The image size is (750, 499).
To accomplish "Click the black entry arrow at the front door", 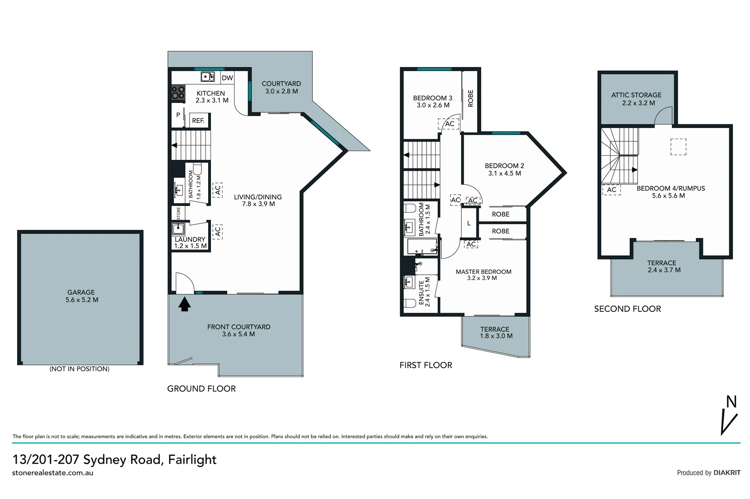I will (x=185, y=304).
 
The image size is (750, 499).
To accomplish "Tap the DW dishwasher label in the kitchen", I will (x=227, y=78).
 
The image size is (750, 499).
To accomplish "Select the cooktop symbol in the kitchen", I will (x=179, y=93).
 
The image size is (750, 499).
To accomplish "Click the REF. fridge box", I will (x=198, y=121).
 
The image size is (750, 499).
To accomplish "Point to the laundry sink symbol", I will (x=179, y=229).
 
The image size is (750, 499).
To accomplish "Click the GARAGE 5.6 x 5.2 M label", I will (x=81, y=296).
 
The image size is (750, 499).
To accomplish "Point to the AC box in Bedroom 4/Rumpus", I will (x=611, y=189).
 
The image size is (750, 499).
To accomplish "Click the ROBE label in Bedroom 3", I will (x=471, y=98).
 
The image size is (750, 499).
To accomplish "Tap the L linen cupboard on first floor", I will (x=469, y=224).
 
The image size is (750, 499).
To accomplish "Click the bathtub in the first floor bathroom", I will (x=421, y=247).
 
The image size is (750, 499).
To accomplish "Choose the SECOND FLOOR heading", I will (x=627, y=309).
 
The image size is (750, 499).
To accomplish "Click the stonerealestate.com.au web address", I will (x=53, y=473).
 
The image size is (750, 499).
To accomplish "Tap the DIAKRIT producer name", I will (x=727, y=473).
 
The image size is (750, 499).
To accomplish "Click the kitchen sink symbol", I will (x=207, y=77).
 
